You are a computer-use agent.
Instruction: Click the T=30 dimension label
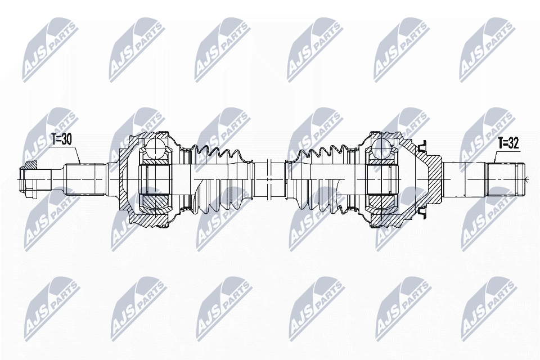coord(61,140)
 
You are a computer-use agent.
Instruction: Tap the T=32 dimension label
coord(508,143)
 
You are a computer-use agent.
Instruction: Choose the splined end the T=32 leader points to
coord(505,179)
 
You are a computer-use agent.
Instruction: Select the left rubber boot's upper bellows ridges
coord(217,154)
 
